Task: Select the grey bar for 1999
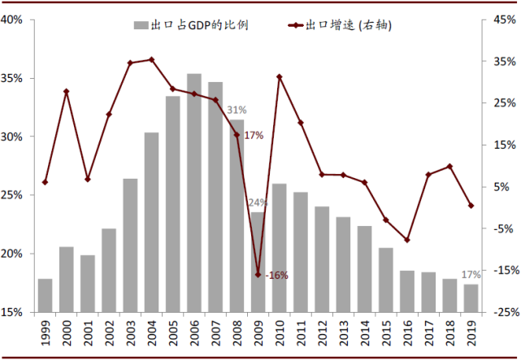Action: pos(46,295)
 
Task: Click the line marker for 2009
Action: pos(258,275)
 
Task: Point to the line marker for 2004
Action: pos(152,59)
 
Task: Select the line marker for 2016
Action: pos(407,240)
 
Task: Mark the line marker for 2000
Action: pos(67,91)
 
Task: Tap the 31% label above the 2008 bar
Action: pos(237,110)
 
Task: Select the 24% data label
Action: pos(258,202)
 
